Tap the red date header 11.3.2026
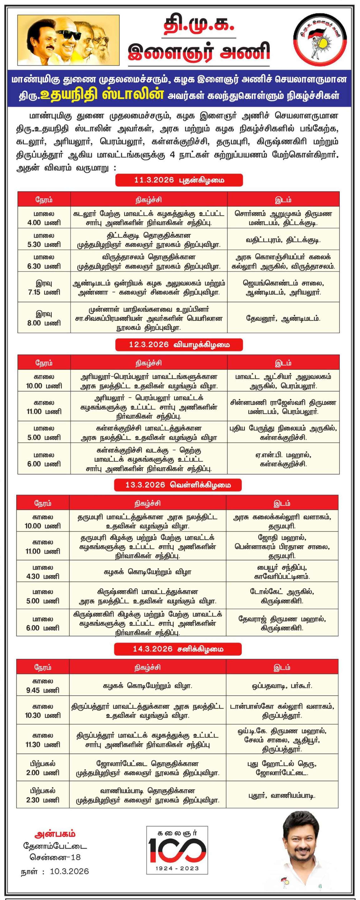click(x=179, y=180)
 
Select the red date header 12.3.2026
click(x=179, y=344)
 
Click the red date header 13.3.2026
click(x=178, y=485)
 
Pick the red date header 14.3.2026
click(x=178, y=649)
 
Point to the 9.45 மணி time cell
click(x=43, y=685)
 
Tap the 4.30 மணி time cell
click(x=43, y=572)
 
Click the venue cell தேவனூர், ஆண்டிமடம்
click(x=283, y=318)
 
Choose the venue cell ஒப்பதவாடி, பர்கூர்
click(x=282, y=685)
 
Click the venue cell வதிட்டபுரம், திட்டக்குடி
click(x=283, y=240)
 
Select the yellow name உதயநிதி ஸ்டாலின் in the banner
click(x=102, y=95)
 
